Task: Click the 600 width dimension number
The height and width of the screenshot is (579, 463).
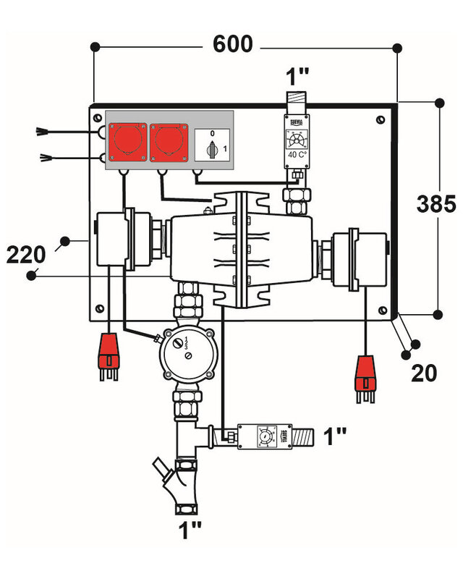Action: tap(232, 44)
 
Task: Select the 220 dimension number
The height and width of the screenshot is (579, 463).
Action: tap(28, 254)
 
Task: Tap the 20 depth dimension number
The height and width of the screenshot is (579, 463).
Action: tap(425, 373)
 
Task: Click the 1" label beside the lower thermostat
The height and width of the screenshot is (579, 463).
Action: tap(335, 436)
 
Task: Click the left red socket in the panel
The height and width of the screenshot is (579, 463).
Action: tap(127, 143)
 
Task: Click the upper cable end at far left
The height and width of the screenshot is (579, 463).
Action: tap(43, 132)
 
